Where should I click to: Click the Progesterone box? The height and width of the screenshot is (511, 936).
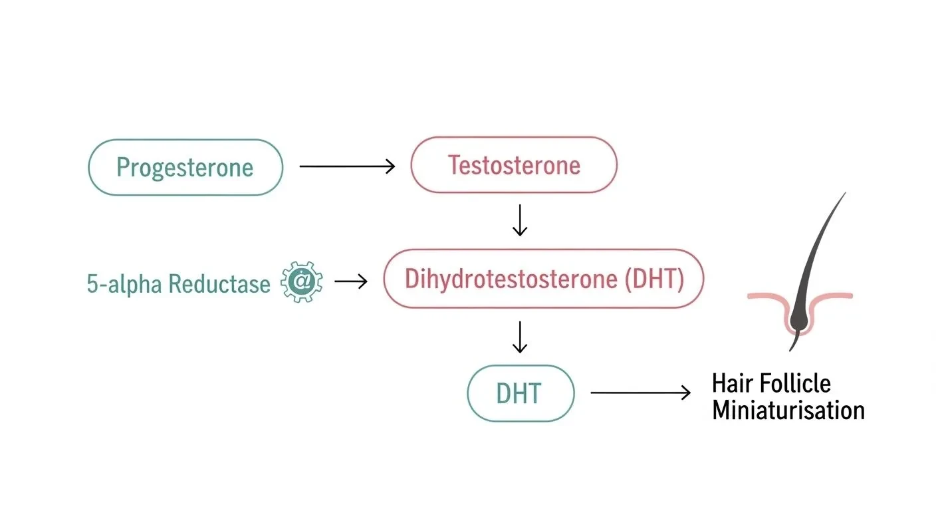[x=185, y=167]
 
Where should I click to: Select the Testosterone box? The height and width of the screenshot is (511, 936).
[x=513, y=165]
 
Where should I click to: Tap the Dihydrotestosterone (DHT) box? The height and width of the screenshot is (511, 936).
[x=543, y=279]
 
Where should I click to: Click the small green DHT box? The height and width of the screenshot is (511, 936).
[x=520, y=393]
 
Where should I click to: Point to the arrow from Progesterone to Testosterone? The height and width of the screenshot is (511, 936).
[x=347, y=166]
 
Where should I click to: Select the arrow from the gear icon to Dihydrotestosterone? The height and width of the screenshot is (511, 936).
[x=350, y=281]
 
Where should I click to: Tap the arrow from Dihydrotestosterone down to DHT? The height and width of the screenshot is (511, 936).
[x=520, y=337]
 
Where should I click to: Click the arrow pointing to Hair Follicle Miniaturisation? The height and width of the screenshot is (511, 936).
[x=640, y=393]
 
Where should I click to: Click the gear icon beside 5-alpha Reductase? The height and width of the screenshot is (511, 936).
[x=302, y=282]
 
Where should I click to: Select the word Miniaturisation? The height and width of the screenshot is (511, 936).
[x=788, y=410]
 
